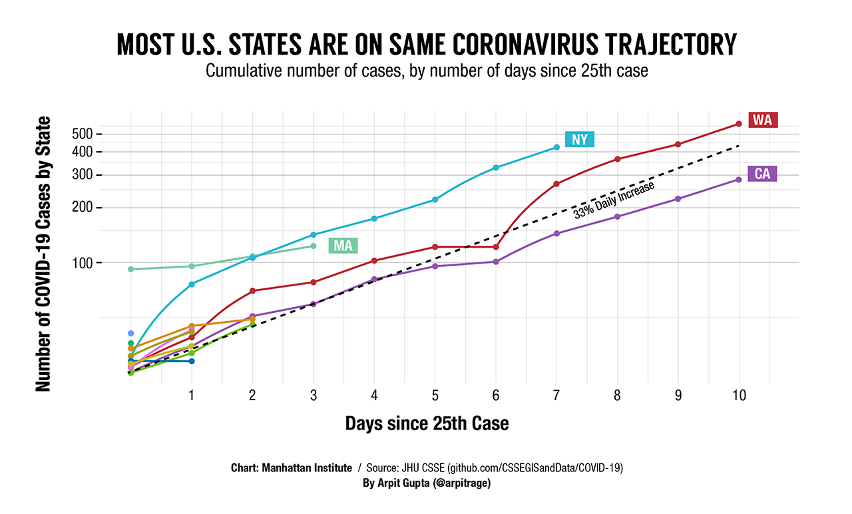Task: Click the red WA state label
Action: point(762,120)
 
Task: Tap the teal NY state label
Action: point(580,139)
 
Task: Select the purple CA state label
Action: point(762,174)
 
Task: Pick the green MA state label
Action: point(343,246)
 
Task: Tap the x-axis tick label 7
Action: point(556,395)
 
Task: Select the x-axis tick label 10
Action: point(738,395)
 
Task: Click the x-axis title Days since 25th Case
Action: point(427,423)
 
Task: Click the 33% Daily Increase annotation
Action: point(614,199)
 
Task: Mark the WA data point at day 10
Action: point(739,124)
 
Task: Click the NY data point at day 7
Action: point(556,147)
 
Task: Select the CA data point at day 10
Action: point(739,179)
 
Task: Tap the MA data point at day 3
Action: point(314,246)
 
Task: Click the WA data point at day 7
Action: point(556,184)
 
